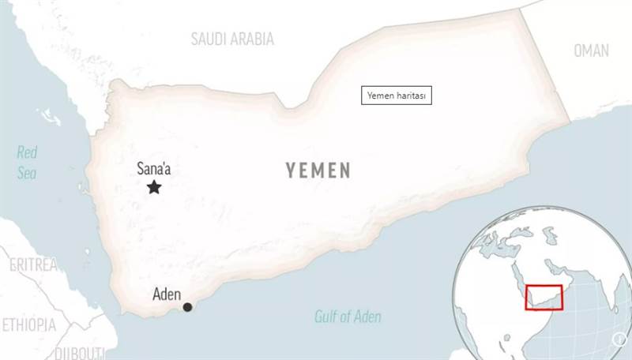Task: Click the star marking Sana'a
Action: pyautogui.click(x=154, y=187)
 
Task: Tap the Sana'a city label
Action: pyautogui.click(x=154, y=167)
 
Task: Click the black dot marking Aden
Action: pyautogui.click(x=187, y=307)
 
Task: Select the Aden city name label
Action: pyautogui.click(x=167, y=296)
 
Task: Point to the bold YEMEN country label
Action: pyautogui.click(x=318, y=171)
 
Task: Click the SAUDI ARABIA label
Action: pyautogui.click(x=232, y=39)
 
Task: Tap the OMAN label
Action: pyautogui.click(x=591, y=51)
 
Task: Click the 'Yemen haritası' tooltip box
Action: pyautogui.click(x=397, y=96)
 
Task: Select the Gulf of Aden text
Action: pyautogui.click(x=348, y=317)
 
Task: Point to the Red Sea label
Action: pyautogui.click(x=27, y=163)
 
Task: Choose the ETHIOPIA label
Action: pyautogui.click(x=29, y=324)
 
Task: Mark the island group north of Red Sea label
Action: pyautogui.click(x=49, y=118)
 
